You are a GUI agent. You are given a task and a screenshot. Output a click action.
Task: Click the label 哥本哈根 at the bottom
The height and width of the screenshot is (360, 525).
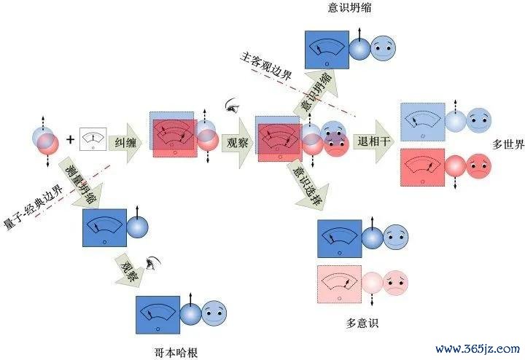(176, 353)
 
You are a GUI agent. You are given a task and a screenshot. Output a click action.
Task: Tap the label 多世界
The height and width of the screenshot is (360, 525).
(508, 144)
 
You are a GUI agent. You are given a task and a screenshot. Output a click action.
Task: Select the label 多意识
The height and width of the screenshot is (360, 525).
(362, 323)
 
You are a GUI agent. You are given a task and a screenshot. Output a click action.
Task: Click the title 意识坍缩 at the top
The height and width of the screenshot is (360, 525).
(349, 8)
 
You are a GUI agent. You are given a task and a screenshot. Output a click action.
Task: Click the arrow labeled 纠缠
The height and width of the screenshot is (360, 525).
(126, 143)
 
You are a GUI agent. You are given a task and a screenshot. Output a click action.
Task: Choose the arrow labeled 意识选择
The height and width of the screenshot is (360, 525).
(308, 185)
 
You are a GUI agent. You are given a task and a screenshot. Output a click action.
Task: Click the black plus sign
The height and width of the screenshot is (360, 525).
(70, 139)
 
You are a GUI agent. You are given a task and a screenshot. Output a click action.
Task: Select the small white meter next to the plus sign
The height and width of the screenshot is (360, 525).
(93, 139)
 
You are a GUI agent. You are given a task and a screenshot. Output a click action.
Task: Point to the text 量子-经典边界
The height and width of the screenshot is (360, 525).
(34, 207)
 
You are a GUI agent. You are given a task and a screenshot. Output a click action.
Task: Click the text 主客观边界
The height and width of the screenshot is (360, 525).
(266, 66)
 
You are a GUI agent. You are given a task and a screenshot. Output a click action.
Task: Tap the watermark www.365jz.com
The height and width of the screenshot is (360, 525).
(478, 349)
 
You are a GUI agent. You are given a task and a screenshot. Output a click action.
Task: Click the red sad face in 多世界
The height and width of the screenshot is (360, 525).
(479, 166)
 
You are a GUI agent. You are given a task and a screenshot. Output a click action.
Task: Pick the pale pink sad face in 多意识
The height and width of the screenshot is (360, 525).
(395, 283)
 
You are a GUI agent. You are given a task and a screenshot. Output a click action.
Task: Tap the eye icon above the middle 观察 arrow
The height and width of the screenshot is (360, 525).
(232, 105)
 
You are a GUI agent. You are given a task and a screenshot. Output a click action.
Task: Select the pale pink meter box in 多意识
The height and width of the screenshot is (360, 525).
(340, 284)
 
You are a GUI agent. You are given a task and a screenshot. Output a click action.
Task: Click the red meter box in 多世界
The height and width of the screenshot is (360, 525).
(422, 168)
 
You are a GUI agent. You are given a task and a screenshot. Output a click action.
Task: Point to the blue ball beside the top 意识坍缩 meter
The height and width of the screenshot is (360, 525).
(360, 49)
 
